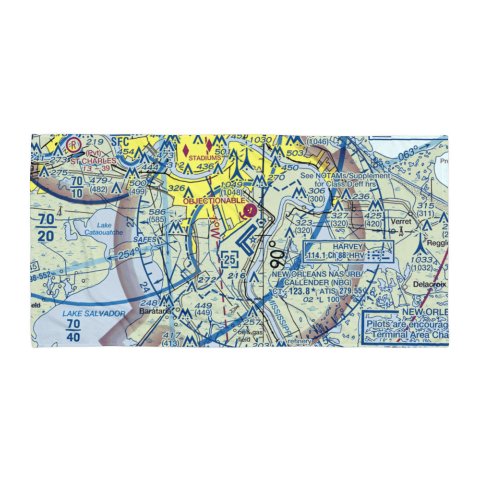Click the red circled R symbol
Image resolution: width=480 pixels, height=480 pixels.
(73, 144)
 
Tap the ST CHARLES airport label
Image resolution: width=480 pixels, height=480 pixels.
(93, 161)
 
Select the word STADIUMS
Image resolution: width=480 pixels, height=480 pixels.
(205, 157)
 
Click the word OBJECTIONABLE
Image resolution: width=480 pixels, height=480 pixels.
(214, 201)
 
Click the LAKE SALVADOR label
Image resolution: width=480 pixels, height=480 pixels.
(94, 314)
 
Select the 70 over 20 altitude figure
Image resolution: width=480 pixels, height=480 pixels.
(46, 229)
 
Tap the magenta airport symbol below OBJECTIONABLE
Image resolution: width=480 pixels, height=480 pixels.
(250, 210)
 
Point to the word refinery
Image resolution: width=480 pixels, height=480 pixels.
(300, 341)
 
